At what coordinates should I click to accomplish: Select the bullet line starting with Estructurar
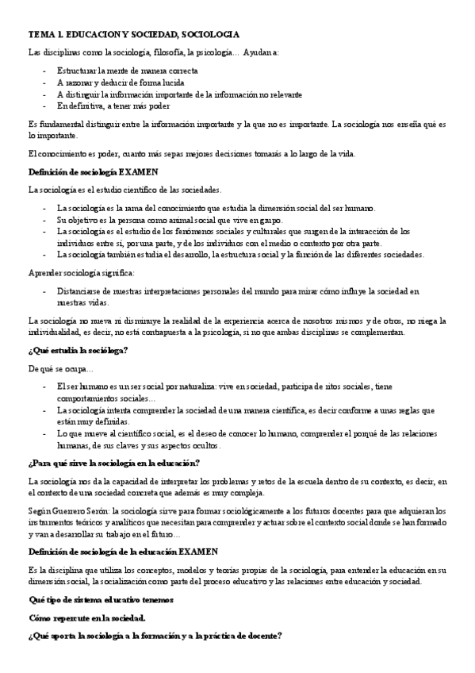point(127,71)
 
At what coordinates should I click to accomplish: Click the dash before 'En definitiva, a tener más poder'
point(44,106)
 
